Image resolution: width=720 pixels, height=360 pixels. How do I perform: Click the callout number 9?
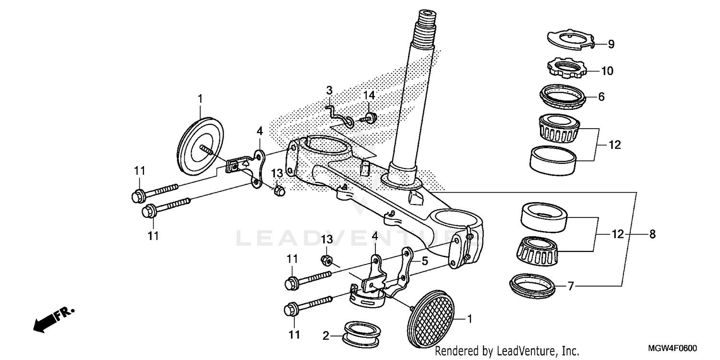click(611, 44)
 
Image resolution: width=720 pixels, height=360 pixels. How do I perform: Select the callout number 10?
click(607, 71)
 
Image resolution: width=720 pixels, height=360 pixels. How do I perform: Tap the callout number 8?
click(652, 234)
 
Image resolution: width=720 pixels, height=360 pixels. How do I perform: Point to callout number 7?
click(570, 287)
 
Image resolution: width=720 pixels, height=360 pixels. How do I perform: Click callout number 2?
click(326, 336)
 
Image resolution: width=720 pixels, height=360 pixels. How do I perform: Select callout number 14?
click(368, 96)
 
